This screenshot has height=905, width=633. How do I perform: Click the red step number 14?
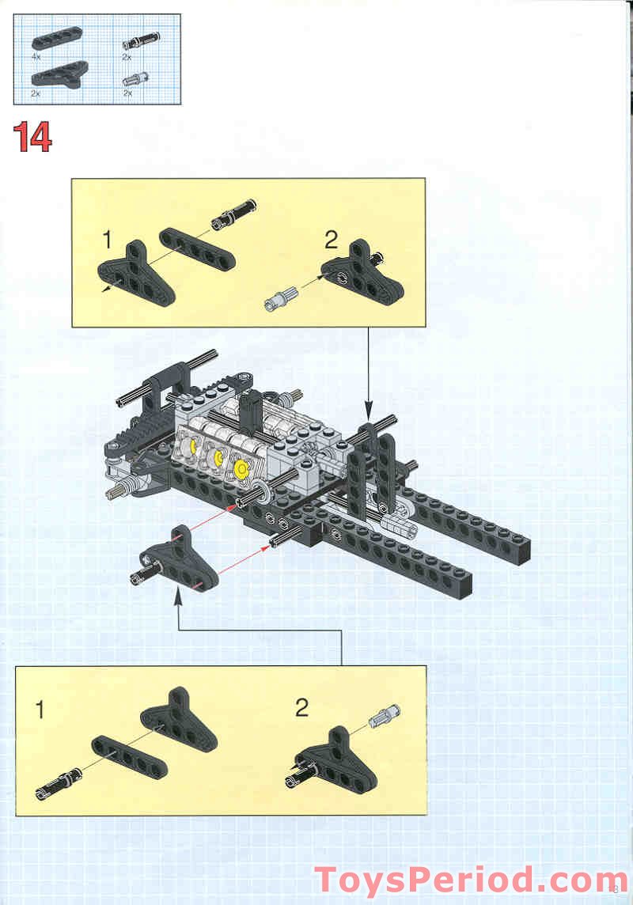[32, 138]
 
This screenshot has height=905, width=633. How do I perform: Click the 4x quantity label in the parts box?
[36, 58]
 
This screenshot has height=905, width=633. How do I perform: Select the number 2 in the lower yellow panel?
[301, 706]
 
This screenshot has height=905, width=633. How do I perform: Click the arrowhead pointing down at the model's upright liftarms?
[368, 411]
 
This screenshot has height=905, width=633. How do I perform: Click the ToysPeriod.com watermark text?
[471, 880]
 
